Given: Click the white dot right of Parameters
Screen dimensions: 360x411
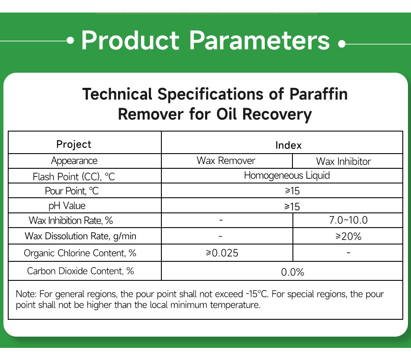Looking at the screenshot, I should click(x=342, y=43).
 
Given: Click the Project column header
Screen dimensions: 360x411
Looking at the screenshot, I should click(x=74, y=144).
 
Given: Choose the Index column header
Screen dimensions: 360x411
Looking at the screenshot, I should click(x=288, y=145).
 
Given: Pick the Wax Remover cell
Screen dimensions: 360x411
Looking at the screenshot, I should click(x=226, y=161).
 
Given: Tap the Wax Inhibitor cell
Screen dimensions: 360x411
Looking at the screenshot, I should click(x=344, y=161).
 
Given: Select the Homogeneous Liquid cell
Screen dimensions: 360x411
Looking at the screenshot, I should click(x=287, y=176).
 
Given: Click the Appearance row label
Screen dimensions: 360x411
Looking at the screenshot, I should click(x=74, y=161).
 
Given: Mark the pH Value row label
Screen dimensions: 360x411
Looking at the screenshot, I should click(x=67, y=206).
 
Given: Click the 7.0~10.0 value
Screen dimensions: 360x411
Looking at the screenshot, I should click(x=348, y=220).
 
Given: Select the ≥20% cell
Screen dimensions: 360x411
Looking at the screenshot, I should click(x=348, y=236).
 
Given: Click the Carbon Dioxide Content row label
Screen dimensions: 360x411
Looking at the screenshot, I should click(x=80, y=271).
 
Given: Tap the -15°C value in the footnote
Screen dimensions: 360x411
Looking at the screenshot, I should click(x=257, y=294).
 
